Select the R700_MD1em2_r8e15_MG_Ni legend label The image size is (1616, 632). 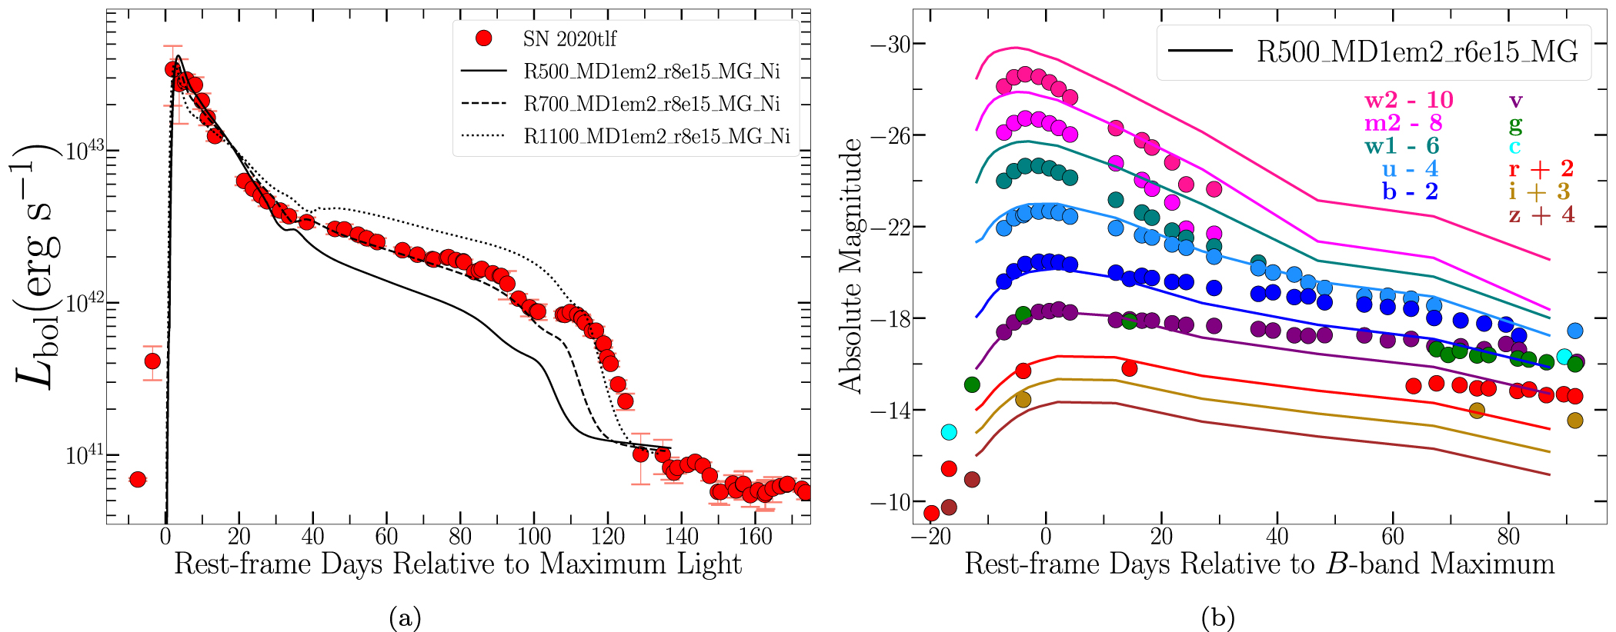(x=651, y=104)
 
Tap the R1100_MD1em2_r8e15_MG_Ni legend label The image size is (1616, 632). (x=656, y=136)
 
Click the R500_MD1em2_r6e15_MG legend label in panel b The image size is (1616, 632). (x=1417, y=51)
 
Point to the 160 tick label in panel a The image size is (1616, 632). (x=756, y=537)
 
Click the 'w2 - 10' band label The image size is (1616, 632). (x=1408, y=100)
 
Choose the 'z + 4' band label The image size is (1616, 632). (x=1541, y=215)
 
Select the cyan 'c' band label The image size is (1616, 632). (x=1514, y=146)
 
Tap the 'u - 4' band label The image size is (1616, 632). (x=1410, y=168)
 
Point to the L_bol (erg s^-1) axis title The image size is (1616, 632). (x=38, y=265)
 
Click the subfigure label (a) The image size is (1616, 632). (x=406, y=617)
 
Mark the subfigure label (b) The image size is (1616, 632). (x=1217, y=617)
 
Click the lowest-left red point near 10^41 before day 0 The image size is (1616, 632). (x=137, y=479)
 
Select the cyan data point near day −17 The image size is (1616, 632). (x=949, y=432)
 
